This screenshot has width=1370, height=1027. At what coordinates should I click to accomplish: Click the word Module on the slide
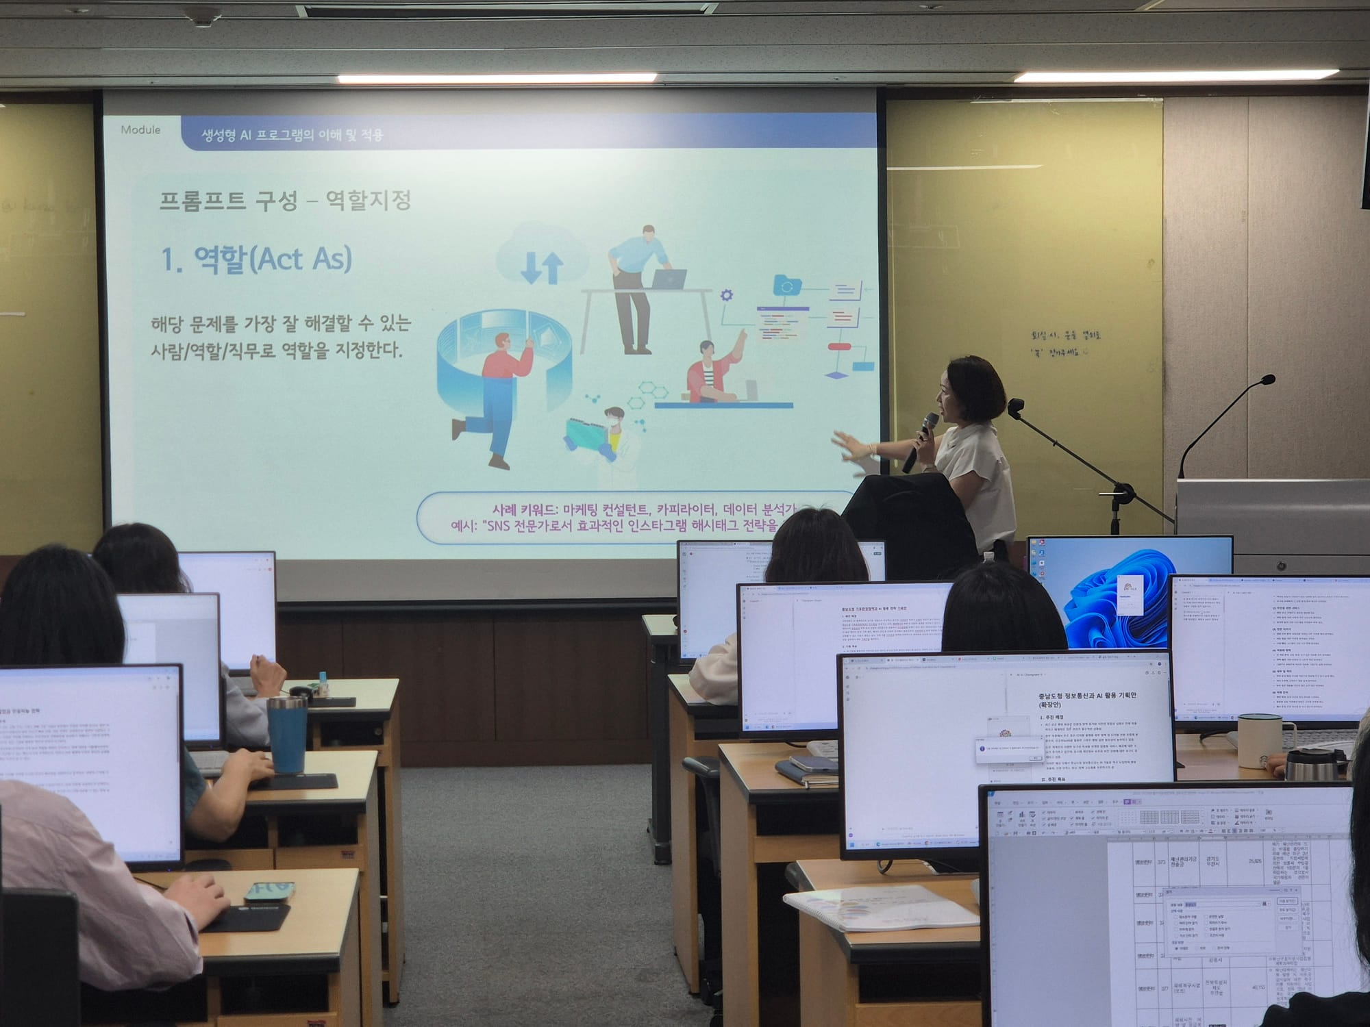(x=140, y=129)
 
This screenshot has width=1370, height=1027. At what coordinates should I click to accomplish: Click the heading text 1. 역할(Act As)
(x=256, y=259)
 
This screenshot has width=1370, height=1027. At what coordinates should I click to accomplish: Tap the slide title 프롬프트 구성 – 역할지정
(x=285, y=201)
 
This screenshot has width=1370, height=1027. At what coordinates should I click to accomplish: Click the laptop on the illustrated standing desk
(x=668, y=278)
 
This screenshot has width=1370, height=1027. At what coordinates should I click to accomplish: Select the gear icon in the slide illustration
(x=726, y=295)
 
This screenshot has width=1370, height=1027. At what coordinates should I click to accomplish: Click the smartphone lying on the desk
(x=269, y=891)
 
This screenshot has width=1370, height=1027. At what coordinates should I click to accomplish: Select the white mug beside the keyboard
(x=1259, y=740)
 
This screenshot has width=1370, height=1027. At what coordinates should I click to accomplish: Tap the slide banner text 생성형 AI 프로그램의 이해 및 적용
(x=292, y=135)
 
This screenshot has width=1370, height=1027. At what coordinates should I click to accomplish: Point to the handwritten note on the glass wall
(x=1065, y=343)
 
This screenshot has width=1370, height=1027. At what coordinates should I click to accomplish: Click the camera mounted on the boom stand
(x=1015, y=407)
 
